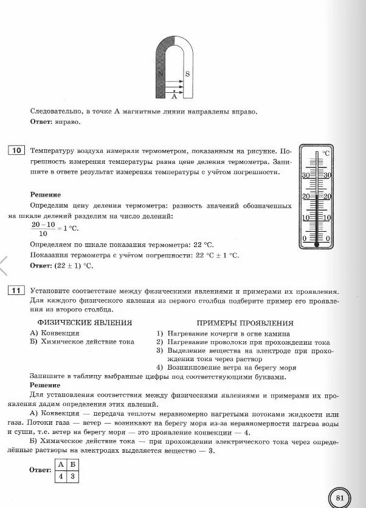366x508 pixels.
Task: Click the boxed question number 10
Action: pos(16,150)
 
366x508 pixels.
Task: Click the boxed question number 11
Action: pos(16,291)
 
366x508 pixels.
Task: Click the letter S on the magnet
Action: pos(187,74)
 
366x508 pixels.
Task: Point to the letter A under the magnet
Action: pos(174,95)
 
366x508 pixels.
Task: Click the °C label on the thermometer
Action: pos(325,153)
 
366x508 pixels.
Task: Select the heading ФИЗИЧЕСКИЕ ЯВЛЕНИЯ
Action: pos(85,323)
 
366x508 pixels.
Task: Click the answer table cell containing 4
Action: pos(61,476)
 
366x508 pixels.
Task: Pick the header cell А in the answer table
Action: pos(61,465)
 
